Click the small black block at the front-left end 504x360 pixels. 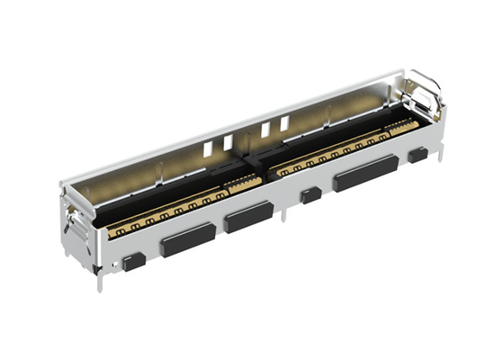click(x=133, y=262)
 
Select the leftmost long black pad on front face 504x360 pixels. click(x=187, y=238)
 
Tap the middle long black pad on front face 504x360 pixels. click(x=249, y=217)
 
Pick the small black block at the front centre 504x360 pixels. click(x=311, y=194)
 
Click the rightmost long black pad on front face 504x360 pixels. click(x=366, y=174)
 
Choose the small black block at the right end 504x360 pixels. click(x=417, y=155)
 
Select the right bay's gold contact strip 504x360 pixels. click(x=342, y=153)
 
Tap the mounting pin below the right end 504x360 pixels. click(x=438, y=166)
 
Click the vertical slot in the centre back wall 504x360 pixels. click(x=246, y=135)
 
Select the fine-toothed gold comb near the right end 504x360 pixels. click(x=400, y=126)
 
